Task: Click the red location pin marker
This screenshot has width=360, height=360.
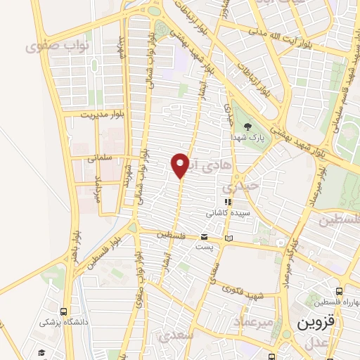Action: coord(181,165)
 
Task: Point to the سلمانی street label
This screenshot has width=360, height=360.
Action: coord(101,159)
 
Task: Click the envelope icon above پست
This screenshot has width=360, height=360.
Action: coord(204,237)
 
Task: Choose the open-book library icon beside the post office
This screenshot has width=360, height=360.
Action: coord(228,239)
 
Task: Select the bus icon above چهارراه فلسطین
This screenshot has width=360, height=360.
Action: coord(340,291)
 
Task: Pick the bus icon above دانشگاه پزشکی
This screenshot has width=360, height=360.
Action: coord(64,311)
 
